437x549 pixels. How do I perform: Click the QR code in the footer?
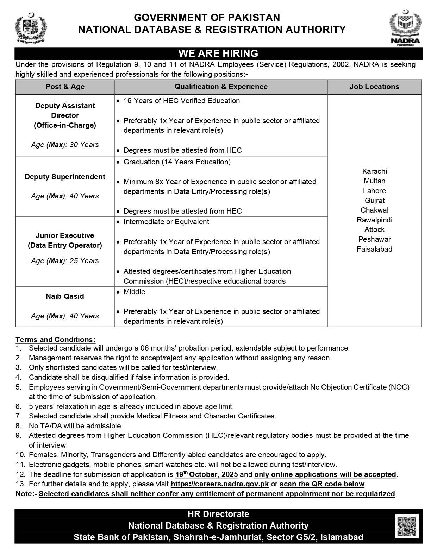(x=406, y=526)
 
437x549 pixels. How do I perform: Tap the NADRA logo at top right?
(x=405, y=28)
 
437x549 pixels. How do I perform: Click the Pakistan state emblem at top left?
(x=31, y=28)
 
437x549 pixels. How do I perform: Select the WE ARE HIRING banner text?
(x=218, y=53)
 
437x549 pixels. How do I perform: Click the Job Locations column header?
(x=374, y=87)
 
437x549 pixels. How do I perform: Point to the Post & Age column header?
(x=65, y=87)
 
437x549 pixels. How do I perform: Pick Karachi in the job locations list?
(x=374, y=171)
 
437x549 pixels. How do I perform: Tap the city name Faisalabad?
(x=374, y=249)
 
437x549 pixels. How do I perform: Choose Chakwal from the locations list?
(x=374, y=210)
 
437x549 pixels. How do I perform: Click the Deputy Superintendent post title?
(x=65, y=177)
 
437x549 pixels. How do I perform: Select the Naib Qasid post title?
(x=65, y=296)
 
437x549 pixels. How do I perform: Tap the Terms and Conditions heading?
(x=55, y=340)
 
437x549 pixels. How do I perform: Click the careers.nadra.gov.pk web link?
(x=220, y=484)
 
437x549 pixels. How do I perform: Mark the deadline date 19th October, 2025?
(x=206, y=474)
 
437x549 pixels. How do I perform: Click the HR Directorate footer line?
(x=218, y=514)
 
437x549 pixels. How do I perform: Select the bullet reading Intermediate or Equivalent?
(x=166, y=222)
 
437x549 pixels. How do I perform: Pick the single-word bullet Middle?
(x=134, y=292)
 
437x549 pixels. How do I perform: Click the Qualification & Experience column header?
(x=221, y=87)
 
